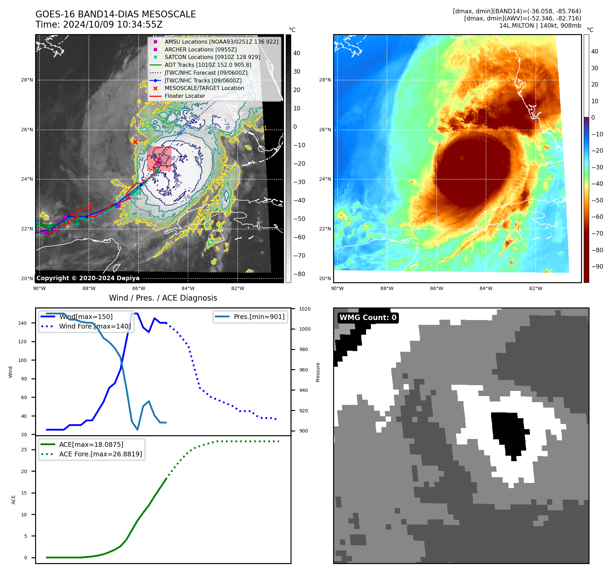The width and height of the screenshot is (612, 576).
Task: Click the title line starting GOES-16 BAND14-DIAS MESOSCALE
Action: (115, 14)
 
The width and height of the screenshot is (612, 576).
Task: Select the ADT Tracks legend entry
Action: (208, 65)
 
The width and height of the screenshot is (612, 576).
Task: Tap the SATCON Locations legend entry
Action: (212, 57)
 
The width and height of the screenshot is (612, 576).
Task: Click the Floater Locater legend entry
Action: (185, 96)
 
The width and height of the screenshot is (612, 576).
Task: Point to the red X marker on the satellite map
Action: (135, 142)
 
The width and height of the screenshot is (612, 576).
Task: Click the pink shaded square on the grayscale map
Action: (159, 159)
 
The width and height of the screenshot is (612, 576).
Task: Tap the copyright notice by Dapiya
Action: (88, 278)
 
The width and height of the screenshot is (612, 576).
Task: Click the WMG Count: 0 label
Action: (368, 317)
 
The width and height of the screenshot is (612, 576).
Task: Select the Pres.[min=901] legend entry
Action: (259, 317)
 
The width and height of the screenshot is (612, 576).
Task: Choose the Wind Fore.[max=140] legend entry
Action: (95, 326)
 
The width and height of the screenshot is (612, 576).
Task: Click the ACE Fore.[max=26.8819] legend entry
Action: (100, 454)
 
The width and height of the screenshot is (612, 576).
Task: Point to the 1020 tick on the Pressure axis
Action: (304, 309)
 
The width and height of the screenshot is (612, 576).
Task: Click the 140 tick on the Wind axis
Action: (22, 323)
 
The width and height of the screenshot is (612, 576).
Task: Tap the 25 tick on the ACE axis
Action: (24, 450)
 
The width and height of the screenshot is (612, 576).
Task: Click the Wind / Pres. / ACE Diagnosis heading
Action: (163, 298)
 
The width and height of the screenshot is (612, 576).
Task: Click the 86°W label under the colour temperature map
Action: (437, 288)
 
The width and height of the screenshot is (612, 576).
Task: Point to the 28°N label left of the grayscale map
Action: (27, 80)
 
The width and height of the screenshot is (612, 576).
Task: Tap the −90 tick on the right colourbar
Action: (597, 267)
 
